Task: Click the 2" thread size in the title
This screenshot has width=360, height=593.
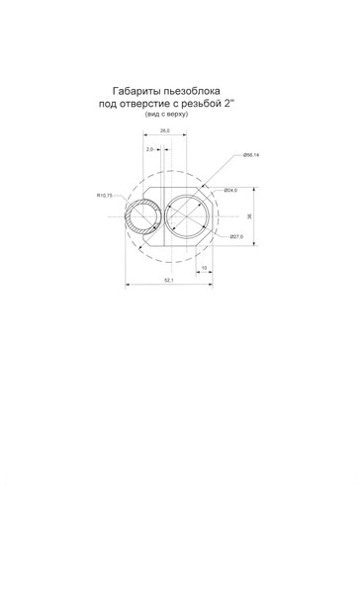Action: (227, 104)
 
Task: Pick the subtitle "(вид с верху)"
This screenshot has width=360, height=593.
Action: (166, 114)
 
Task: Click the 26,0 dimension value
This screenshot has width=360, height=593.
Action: (165, 130)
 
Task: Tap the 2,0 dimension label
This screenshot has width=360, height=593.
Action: (149, 149)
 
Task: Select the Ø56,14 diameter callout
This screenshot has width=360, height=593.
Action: (251, 155)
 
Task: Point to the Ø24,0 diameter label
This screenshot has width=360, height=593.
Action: (230, 190)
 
